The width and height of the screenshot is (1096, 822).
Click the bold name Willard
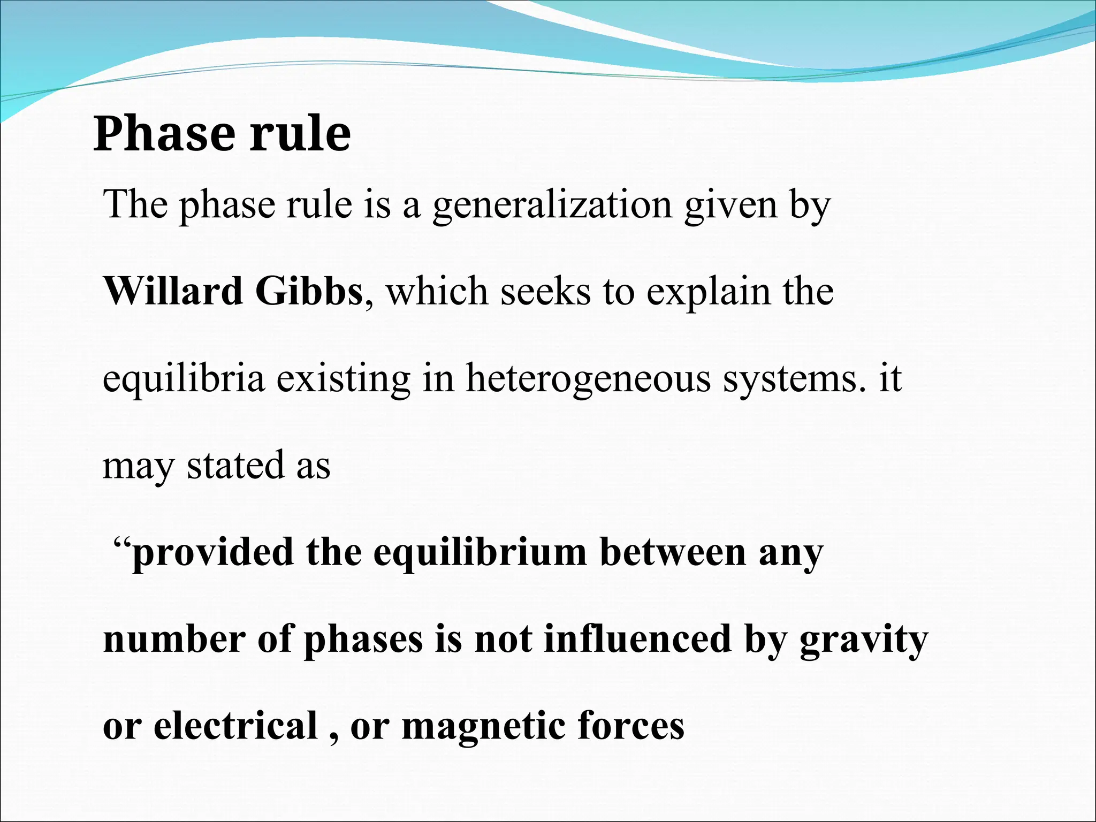pos(173,292)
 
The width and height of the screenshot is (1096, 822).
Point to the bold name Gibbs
pos(309,292)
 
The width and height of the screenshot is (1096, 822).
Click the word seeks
pos(545,292)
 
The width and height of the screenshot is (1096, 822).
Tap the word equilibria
pos(184,379)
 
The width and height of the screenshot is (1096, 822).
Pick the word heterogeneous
pos(588,379)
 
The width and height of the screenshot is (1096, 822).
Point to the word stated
pos(234,465)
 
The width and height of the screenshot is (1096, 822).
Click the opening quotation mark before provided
pos(123,545)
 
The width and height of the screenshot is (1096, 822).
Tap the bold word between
pos(673,552)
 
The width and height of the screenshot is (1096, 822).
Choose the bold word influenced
pos(637,639)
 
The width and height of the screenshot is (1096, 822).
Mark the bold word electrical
pos(235,726)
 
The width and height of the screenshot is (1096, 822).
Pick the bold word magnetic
pos(483,727)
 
